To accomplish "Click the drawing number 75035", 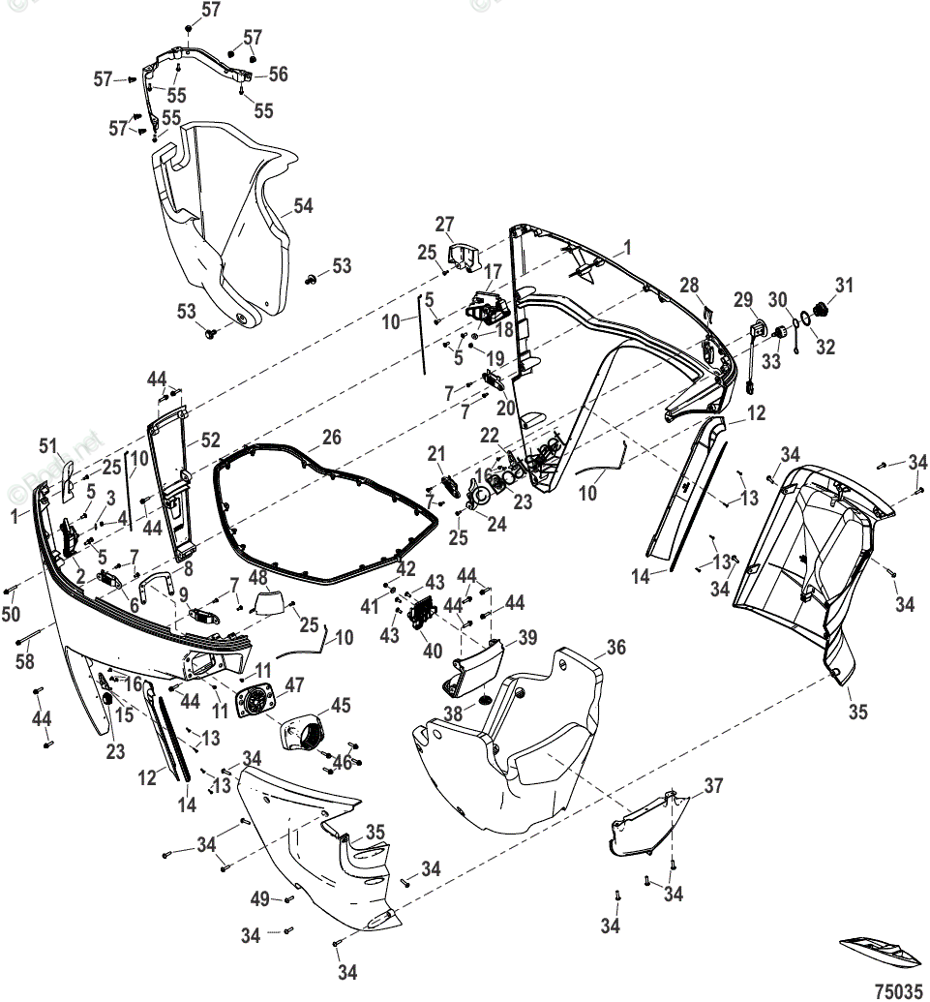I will coord(898,991).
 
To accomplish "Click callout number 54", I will coord(303,206).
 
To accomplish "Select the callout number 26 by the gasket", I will coord(331,438).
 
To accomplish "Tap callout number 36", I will coord(616,648).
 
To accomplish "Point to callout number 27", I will coord(444,225).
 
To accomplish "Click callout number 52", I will coord(211,439).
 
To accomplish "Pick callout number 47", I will coord(292,684).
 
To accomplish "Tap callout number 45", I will coord(342,705).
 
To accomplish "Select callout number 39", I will coord(526,637).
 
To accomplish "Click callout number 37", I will coord(712,785).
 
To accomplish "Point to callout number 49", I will coord(259,899).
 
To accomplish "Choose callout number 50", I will coord(11,616).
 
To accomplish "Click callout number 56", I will coord(278,75).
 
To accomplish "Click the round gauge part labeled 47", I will coord(254,701).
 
